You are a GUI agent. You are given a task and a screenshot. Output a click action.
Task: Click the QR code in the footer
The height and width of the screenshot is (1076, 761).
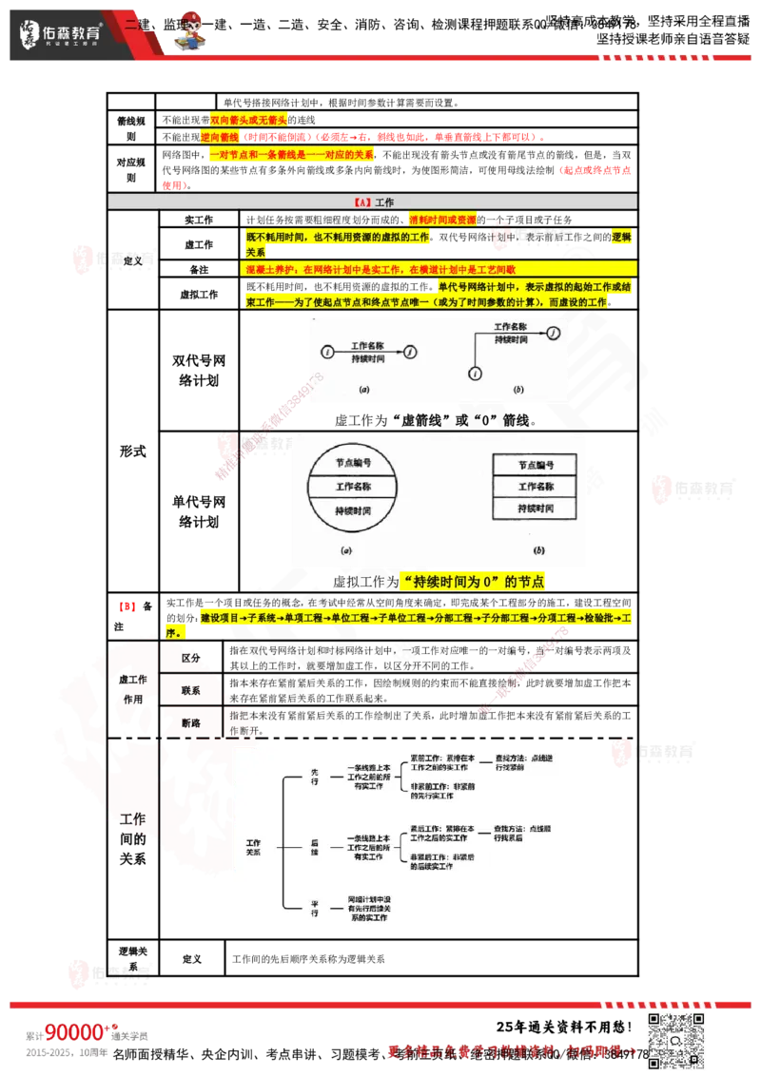point(677,1039)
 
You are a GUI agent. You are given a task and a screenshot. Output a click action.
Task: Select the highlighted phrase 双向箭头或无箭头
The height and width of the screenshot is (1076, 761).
point(247,120)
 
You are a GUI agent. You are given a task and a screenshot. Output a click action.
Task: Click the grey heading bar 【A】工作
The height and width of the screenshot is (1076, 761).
point(372,202)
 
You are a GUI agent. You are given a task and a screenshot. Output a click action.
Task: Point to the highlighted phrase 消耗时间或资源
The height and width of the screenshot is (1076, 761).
point(442,220)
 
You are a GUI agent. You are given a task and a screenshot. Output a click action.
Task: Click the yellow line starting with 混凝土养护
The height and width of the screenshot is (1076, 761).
point(380,270)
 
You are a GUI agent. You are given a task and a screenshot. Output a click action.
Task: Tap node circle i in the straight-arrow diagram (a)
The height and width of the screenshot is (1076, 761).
point(328,353)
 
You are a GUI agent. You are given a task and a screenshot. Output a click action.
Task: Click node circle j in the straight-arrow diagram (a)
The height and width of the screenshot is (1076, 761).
point(409,353)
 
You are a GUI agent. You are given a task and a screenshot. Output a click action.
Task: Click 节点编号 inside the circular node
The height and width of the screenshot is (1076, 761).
point(353,463)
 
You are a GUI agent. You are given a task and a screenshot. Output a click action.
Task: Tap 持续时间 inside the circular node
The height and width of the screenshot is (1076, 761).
point(353,511)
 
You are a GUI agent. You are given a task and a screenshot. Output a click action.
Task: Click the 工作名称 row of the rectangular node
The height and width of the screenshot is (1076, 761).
point(536,487)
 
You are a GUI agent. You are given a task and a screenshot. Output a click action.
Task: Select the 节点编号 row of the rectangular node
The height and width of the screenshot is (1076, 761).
point(536,465)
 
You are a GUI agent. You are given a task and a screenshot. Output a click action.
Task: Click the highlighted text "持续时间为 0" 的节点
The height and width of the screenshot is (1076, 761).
point(473,582)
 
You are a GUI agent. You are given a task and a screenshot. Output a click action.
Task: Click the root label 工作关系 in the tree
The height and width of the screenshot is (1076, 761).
point(253,847)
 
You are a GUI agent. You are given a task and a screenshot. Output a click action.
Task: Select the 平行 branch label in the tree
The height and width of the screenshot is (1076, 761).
point(315,907)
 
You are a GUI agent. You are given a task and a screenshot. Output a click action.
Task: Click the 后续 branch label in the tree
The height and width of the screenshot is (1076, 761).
point(315,847)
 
